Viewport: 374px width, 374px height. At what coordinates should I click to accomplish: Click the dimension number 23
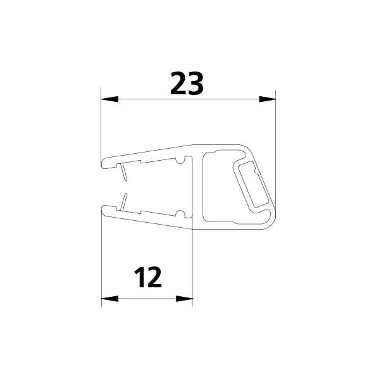pos(187,83)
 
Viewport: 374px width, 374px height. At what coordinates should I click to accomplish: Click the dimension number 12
pos(148,277)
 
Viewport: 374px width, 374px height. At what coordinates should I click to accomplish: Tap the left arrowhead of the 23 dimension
pos(109,99)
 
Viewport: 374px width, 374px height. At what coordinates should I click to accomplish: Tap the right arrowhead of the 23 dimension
pos(268,99)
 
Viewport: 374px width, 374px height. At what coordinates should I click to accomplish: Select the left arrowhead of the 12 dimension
pos(110,299)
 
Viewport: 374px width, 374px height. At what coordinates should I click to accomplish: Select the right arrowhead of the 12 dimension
pos(184,299)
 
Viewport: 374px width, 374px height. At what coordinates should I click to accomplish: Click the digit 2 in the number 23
pos(178,83)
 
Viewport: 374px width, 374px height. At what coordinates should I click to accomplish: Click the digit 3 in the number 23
pos(196,83)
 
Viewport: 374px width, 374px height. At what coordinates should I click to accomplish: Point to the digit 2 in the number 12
pos(154,277)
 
